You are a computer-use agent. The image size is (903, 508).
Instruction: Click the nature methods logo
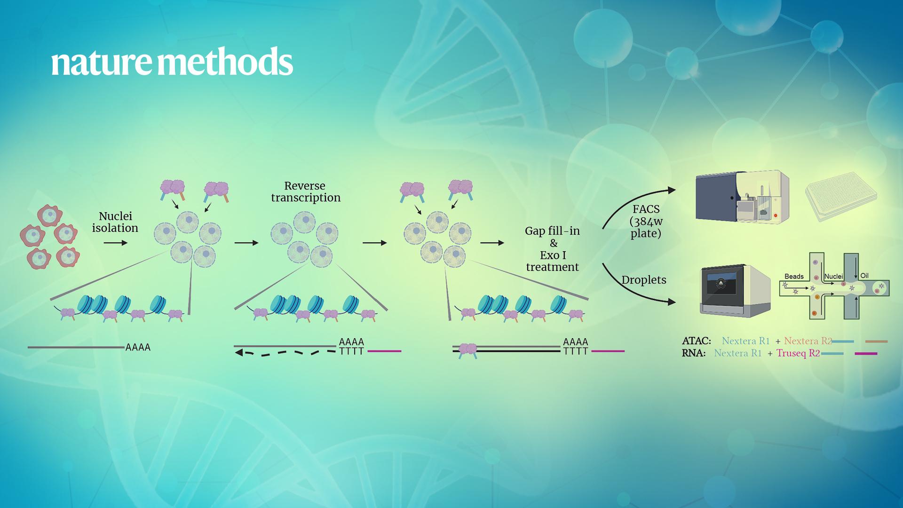tap(172, 62)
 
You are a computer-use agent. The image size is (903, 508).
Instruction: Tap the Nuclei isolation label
tap(115, 222)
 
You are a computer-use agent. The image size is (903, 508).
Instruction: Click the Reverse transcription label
tap(306, 192)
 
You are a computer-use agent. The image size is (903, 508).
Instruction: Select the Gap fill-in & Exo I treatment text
tap(553, 249)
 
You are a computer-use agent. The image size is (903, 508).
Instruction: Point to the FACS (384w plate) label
tap(646, 221)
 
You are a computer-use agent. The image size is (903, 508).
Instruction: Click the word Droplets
tap(644, 280)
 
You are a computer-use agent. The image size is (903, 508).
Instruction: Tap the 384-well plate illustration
tap(841, 196)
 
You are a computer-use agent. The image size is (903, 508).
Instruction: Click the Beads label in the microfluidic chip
tap(794, 277)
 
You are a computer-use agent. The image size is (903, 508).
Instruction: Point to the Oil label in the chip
tap(864, 276)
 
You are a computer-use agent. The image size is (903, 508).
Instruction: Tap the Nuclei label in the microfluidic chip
tap(834, 277)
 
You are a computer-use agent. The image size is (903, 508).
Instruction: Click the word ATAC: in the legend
tap(697, 341)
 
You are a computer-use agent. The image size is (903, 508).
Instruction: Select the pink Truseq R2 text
tap(798, 353)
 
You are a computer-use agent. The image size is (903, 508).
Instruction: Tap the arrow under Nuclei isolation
tap(116, 243)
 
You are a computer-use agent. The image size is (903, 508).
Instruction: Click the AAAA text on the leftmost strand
tap(138, 348)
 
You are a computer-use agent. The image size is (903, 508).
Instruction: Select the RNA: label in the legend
tap(694, 353)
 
